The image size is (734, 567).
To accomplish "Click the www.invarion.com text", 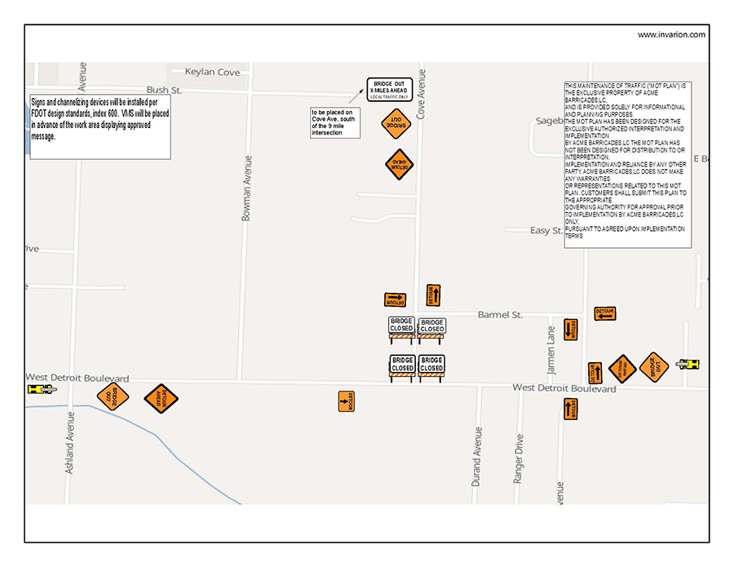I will coord(671,34).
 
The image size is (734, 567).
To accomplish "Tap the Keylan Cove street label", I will coord(212,72).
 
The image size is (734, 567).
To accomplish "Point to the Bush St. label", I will coord(163,90).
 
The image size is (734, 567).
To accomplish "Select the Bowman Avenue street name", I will coord(246,188).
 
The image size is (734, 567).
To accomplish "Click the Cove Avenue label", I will coord(422,94).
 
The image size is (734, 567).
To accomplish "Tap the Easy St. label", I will coord(546,231).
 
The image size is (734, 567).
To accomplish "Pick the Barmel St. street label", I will coord(500,315).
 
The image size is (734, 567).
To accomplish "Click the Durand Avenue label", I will coord(476,457).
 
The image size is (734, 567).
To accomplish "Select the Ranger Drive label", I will coord(519,458).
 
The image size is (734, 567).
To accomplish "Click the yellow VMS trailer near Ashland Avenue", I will coord(42,389).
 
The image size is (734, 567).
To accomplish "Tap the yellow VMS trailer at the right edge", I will coord(688,364).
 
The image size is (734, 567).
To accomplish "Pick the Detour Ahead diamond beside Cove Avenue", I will coord(399,164).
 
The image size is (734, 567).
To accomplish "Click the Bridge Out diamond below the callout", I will coord(396,124).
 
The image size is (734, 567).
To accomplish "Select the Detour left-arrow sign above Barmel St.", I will coord(604,313).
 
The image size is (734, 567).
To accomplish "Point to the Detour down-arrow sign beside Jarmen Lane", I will coord(570,330).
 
